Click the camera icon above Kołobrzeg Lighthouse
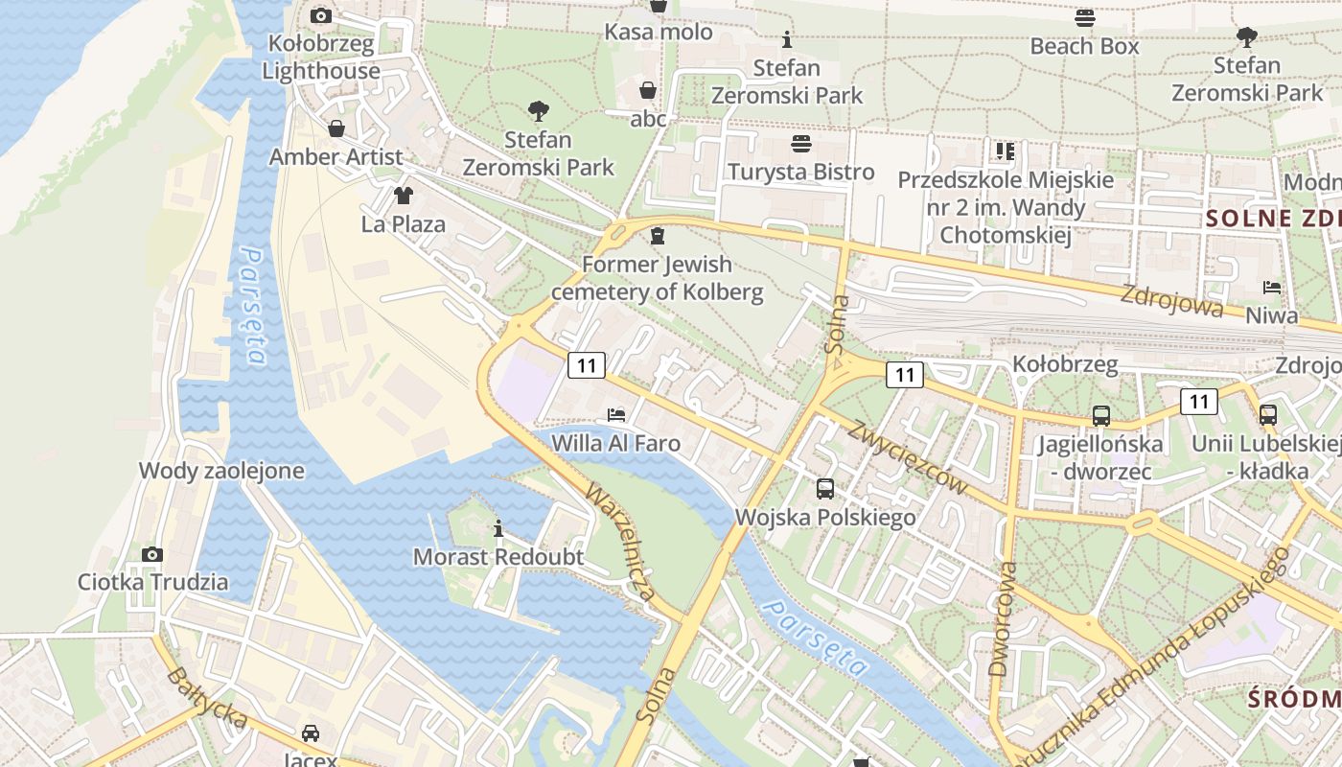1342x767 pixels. point(321,15)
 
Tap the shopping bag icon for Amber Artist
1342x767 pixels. point(336,128)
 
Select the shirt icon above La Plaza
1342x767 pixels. point(403,196)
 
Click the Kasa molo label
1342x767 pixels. point(659,32)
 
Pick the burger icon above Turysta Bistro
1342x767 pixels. point(801,144)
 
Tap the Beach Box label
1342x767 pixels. point(1084,45)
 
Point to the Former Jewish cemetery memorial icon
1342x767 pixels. point(658,236)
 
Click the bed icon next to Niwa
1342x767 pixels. point(1271,288)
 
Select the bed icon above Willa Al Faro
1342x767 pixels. point(616,415)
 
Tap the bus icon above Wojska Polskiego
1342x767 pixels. point(825,489)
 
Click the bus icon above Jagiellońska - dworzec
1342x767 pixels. point(1101,416)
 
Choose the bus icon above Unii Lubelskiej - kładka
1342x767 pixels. point(1268,415)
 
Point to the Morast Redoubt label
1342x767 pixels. point(497,556)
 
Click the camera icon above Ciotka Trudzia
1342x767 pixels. point(152,554)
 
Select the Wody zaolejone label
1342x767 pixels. point(221,471)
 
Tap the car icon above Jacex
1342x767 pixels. point(310,733)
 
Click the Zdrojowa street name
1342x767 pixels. point(1171,300)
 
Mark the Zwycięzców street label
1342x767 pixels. point(908,455)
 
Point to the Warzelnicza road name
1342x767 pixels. point(621,543)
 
